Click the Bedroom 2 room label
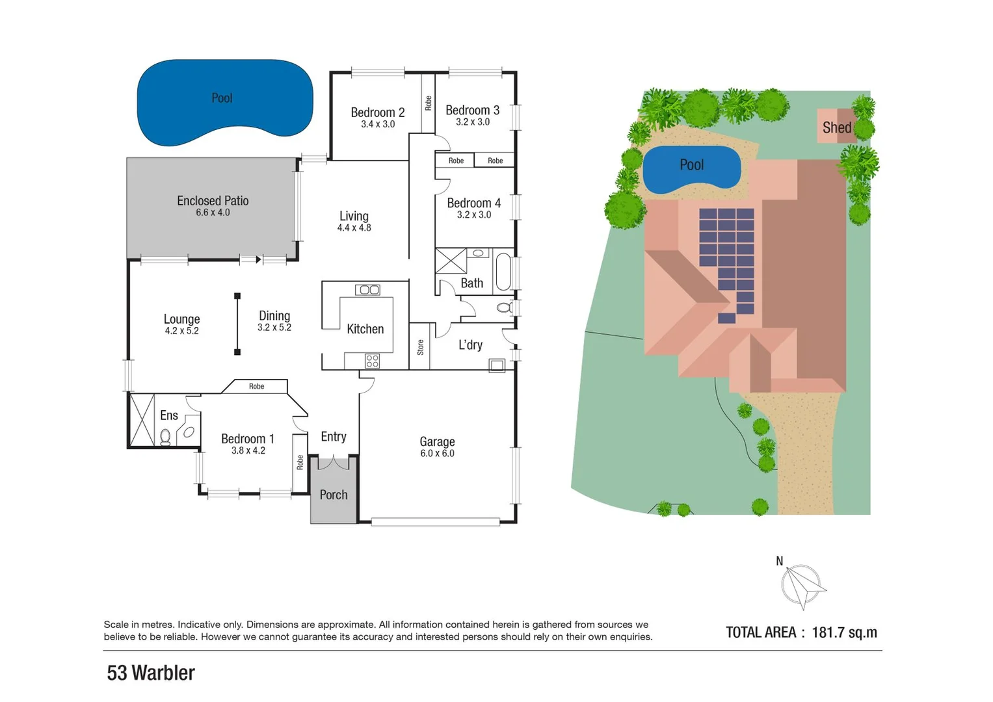tap(377, 112)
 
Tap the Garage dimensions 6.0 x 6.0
tap(437, 454)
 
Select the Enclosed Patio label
tap(213, 201)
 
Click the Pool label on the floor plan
tap(222, 98)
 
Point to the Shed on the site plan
tap(836, 127)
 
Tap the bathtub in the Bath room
tap(503, 272)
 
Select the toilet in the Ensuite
tap(165, 436)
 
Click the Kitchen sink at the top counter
tap(367, 290)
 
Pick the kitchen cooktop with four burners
tap(372, 361)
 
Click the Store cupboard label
tap(420, 347)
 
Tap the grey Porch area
tap(333, 495)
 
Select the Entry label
tap(333, 437)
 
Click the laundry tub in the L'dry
tap(497, 365)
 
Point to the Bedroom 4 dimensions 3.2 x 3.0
tap(473, 215)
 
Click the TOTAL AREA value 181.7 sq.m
tap(844, 632)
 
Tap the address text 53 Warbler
tap(151, 673)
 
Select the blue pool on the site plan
tap(691, 169)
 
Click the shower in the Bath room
tap(451, 261)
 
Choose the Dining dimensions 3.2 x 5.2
tap(274, 328)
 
